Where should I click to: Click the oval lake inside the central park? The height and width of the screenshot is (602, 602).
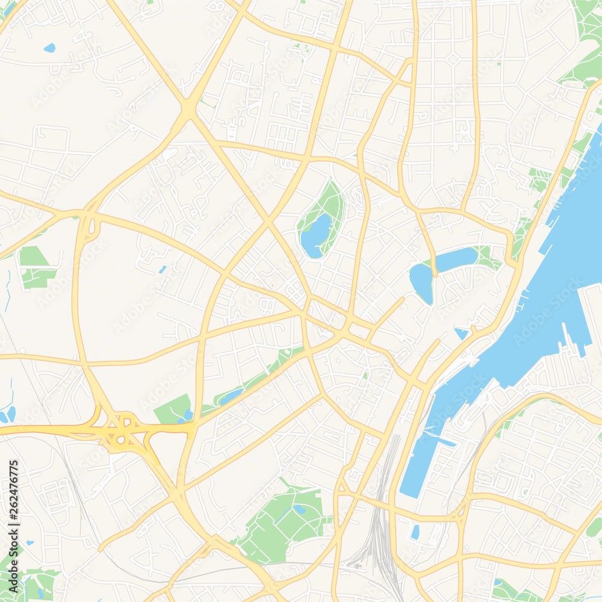click(315, 236)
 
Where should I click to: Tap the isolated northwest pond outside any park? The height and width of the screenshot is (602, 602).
click(49, 48)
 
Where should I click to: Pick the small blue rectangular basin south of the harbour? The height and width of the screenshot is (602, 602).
click(415, 532)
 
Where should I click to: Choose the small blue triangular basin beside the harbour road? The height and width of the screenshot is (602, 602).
click(461, 333)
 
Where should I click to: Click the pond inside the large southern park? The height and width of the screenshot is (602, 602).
click(299, 509)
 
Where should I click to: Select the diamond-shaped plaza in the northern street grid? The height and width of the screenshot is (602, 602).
click(452, 60)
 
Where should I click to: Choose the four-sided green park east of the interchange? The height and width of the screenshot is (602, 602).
click(173, 410)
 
